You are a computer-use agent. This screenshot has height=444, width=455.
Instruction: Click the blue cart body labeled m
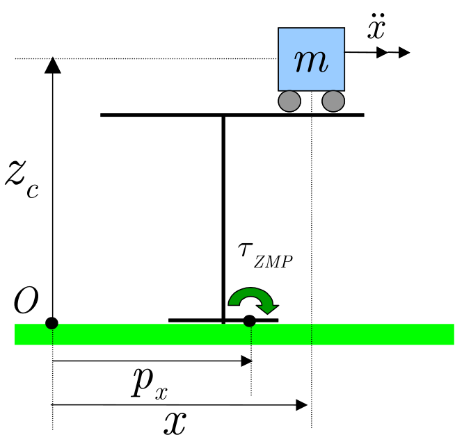[311, 60]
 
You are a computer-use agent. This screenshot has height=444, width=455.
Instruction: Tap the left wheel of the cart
[289, 101]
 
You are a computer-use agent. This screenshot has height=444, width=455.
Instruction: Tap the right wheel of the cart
[333, 101]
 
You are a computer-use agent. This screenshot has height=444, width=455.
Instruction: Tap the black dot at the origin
[51, 323]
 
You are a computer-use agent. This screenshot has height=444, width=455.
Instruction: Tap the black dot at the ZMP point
[250, 321]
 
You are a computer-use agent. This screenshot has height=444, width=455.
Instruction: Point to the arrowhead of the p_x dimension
[246, 361]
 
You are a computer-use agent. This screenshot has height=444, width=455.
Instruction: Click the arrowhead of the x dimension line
[302, 404]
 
